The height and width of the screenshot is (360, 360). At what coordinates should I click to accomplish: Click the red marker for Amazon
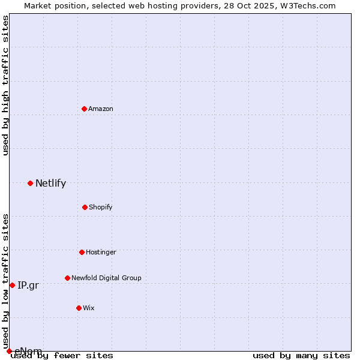tap(85, 109)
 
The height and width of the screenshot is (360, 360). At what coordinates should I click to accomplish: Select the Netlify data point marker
tap(30, 183)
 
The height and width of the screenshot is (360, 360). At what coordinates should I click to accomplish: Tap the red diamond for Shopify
tap(85, 207)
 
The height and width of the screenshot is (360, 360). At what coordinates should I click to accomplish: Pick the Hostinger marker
tap(82, 252)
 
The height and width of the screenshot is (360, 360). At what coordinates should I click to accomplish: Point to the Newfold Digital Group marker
tap(67, 278)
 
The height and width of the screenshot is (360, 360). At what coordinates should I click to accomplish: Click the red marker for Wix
tap(79, 308)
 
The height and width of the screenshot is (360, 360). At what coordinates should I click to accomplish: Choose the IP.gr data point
tap(12, 285)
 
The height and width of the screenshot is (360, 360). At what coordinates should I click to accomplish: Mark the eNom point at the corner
tap(9, 351)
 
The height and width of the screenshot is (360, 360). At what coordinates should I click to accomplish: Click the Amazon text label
tap(101, 109)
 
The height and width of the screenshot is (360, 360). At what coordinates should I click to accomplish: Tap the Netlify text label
tap(50, 184)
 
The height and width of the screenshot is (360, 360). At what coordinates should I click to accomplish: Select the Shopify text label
tap(101, 207)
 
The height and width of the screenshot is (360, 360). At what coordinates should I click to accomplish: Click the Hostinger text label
tap(101, 252)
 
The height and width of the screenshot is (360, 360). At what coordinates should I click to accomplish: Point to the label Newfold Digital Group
tap(106, 278)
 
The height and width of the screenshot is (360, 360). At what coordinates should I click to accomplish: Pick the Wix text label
tap(89, 308)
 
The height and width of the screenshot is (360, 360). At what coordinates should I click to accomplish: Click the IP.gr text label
tap(28, 286)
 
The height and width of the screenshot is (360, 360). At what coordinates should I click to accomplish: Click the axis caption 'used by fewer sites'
tap(62, 355)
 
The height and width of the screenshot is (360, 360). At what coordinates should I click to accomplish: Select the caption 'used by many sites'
tap(301, 355)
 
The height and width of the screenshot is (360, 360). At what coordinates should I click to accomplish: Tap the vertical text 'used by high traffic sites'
tap(5, 85)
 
